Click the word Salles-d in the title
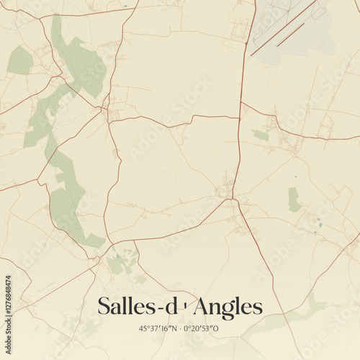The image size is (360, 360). (x=137, y=307)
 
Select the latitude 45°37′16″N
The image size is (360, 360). (x=158, y=328)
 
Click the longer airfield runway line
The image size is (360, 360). (x=284, y=27)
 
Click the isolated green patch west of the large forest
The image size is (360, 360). (x=20, y=60)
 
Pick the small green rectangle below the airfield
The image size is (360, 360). (x=261, y=135)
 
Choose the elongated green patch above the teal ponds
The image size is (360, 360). (x=294, y=199)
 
